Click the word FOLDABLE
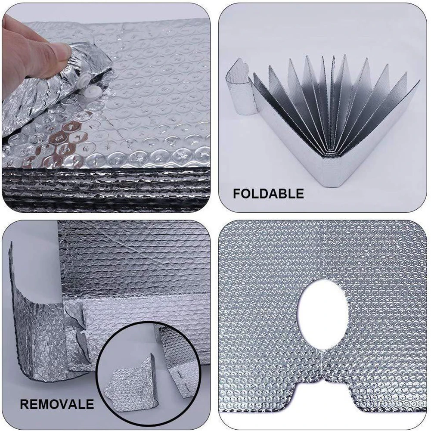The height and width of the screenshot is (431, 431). (268, 193)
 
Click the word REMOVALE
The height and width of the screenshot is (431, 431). (56, 404)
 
